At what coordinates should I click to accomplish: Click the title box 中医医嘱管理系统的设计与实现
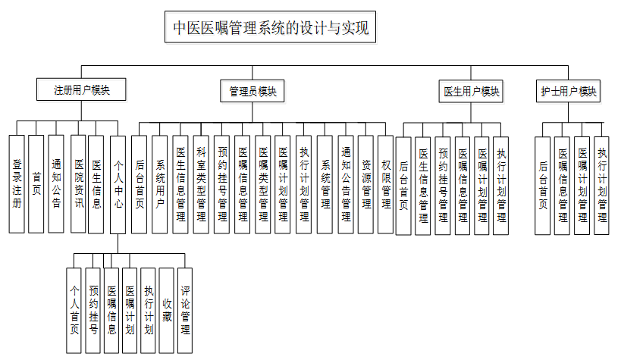point(271,29)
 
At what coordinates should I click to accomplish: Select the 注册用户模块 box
point(81,89)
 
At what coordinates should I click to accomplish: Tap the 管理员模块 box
point(252,92)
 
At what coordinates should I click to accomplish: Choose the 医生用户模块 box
point(471,92)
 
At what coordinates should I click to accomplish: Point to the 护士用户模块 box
point(568,92)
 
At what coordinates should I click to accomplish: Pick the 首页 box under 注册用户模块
point(36,183)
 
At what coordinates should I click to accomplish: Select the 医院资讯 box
point(78,183)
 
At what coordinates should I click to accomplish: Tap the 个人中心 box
point(118,183)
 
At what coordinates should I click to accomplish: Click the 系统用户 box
point(159,184)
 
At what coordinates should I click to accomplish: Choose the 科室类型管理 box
point(201,184)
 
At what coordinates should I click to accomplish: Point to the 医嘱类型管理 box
point(262,184)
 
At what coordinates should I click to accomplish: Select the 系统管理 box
point(325,184)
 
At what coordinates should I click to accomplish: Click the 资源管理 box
point(365,184)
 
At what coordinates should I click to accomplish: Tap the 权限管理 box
point(385,184)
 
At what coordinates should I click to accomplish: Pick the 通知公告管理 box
point(345,184)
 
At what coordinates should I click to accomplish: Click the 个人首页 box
point(74,310)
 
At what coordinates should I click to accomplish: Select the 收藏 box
point(166,310)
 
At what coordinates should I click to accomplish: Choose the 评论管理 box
point(185,310)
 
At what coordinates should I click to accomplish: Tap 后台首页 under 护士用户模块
point(542,185)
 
